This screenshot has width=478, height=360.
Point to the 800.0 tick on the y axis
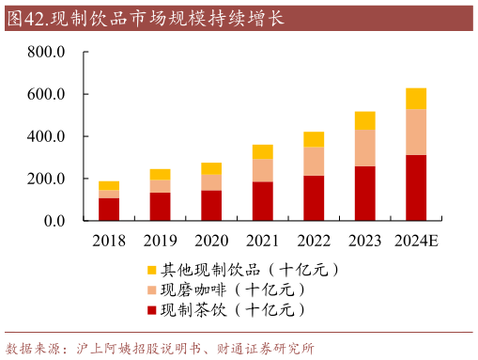click(x=45, y=53)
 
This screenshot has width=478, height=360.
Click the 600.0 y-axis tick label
click(x=45, y=95)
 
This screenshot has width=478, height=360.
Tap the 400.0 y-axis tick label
click(x=45, y=137)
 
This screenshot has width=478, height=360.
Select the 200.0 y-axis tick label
click(x=45, y=180)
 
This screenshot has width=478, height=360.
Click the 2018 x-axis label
click(x=109, y=242)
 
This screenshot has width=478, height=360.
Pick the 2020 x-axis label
click(x=211, y=242)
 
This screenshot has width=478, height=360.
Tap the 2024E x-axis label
click(x=416, y=242)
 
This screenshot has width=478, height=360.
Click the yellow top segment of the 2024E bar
click(x=416, y=99)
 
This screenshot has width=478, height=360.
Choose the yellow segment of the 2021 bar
click(x=262, y=151)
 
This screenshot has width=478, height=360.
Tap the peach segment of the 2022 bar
click(x=314, y=161)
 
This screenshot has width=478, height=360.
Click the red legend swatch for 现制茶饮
click(x=152, y=309)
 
